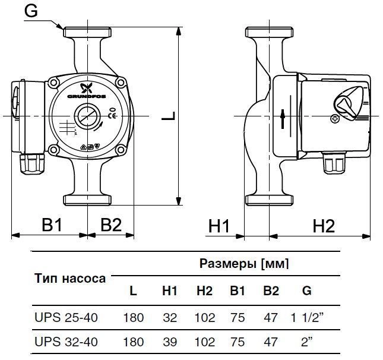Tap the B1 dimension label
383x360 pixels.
52,225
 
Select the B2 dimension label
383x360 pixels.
111,225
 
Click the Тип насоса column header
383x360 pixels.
70,278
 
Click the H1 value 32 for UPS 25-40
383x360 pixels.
170,318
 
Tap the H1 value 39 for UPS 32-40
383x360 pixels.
170,343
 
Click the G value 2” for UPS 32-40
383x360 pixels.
306,343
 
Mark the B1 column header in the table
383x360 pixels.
238,292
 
